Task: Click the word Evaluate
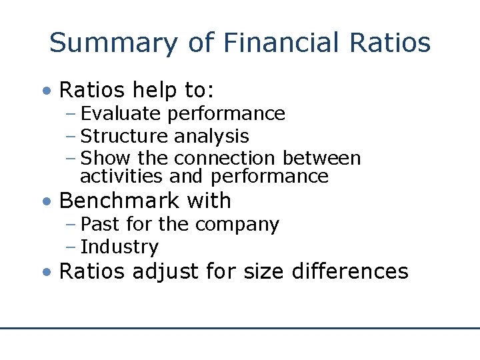pyautogui.click(x=121, y=114)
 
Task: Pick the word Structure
pyautogui.click(x=124, y=137)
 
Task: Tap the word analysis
pyautogui.click(x=211, y=137)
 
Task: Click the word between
pyautogui.click(x=321, y=159)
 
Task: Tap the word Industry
pyautogui.click(x=119, y=247)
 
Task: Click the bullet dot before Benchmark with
pyautogui.click(x=46, y=201)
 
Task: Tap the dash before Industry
pyautogui.click(x=71, y=247)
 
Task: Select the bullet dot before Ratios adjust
pyautogui.click(x=46, y=272)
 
